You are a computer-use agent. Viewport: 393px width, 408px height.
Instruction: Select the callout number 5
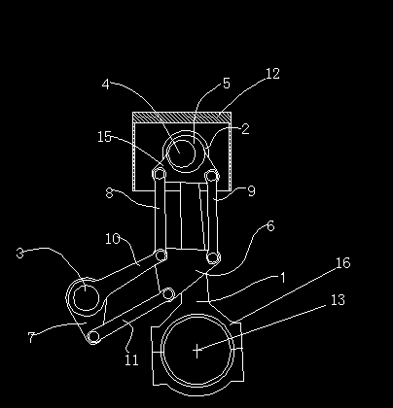tap(226, 85)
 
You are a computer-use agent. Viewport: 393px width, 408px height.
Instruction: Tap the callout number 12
tap(271, 74)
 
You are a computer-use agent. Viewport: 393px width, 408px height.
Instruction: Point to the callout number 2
tap(245, 128)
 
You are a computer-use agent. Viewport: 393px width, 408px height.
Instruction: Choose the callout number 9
tap(251, 191)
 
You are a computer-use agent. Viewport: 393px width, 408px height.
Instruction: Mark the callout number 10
tap(113, 239)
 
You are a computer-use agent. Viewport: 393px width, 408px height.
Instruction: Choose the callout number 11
tap(131, 360)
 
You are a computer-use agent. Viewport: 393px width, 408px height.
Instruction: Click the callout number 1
tap(283, 277)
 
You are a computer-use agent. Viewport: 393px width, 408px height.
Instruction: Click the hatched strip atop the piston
tap(181, 117)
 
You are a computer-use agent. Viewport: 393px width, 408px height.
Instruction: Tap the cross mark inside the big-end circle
tap(197, 350)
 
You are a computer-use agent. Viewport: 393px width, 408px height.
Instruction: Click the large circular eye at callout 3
tap(85, 295)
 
